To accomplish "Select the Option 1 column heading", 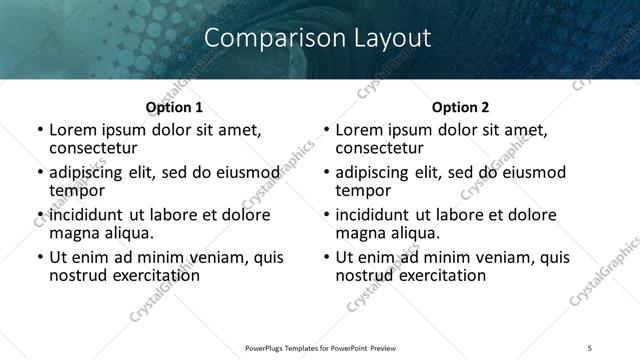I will coord(174,107).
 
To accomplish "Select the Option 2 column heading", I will coord(460,107).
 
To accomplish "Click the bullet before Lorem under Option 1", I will coord(39,130).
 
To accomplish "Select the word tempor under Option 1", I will coord(77,190).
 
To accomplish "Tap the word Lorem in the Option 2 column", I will coord(362,130).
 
